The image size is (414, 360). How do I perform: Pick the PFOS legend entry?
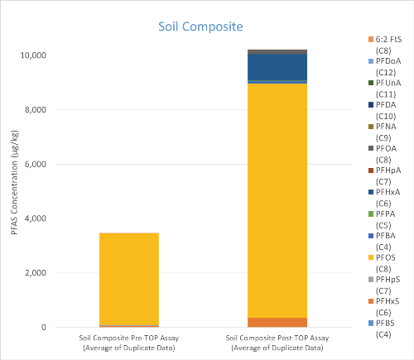point(382,263)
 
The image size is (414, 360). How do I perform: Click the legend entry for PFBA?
point(382,241)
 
